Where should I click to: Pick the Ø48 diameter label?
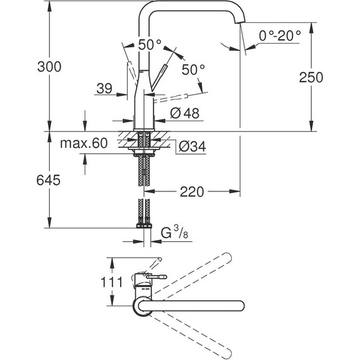pos(184,114)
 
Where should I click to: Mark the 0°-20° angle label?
pos(279,37)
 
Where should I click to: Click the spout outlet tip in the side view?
pos(241,25)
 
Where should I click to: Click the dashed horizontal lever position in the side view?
pos(171,97)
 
